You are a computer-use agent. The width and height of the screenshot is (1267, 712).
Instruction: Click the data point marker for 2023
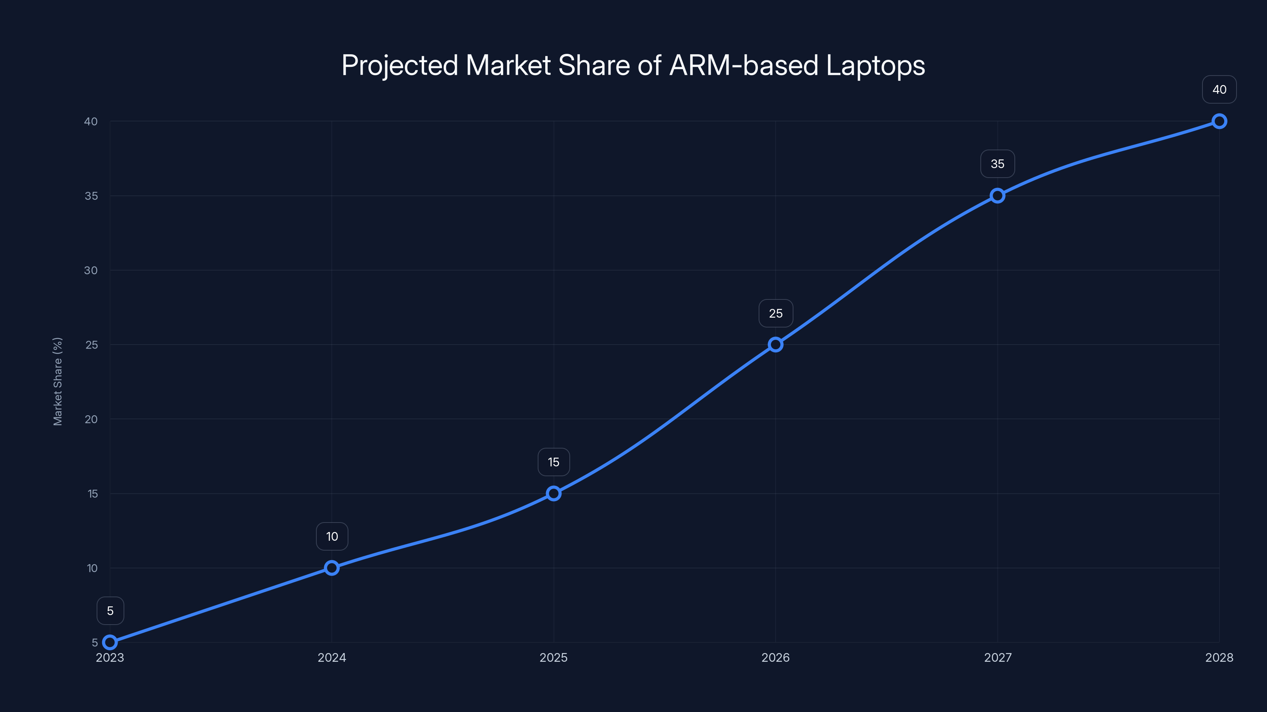110,642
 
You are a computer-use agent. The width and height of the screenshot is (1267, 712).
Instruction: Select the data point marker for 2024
332,568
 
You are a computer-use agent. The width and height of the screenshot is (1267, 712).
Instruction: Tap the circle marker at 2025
554,493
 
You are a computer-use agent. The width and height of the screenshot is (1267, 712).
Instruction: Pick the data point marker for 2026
776,345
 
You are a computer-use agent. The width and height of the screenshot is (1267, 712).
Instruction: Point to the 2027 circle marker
997,195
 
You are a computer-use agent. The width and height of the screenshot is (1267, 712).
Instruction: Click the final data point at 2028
1219,121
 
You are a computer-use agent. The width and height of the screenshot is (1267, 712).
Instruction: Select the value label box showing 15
554,462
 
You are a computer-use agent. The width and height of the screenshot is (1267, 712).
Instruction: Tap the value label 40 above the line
1219,89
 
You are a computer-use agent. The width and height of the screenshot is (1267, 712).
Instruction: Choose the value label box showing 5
110,611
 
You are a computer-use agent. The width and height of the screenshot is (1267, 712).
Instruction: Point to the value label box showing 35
997,164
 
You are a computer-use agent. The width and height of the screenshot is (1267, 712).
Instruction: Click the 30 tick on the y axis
91,270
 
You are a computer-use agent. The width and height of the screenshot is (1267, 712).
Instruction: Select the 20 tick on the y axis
91,419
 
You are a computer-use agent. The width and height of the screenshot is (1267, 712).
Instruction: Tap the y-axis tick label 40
91,121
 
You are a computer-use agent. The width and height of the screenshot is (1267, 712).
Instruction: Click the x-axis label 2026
776,657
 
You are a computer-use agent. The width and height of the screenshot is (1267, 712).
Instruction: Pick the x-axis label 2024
332,657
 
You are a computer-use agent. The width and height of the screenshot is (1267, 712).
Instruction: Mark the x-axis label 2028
1219,657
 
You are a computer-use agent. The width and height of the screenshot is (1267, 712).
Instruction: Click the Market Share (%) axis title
57,381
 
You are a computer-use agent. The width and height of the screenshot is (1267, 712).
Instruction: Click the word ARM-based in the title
744,65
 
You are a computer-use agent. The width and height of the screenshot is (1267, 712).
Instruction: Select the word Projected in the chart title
400,66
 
